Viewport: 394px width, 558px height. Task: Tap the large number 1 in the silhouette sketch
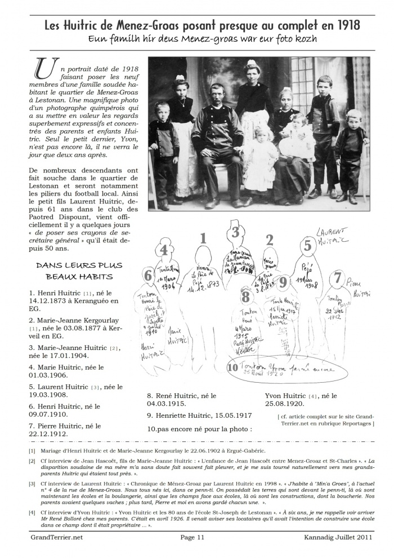(x=204, y=241)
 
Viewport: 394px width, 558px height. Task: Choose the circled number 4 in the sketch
(x=164, y=249)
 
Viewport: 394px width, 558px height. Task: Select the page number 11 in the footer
(x=200, y=537)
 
